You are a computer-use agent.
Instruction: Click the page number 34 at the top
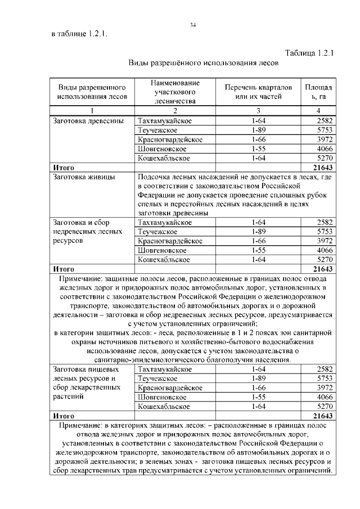(192, 25)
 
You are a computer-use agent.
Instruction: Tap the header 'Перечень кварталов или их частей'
(258, 93)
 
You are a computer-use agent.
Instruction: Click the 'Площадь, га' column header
(318, 93)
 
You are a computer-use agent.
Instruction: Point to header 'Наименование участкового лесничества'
(175, 92)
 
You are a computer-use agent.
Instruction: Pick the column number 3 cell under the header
(258, 111)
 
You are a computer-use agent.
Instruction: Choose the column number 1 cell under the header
(92, 111)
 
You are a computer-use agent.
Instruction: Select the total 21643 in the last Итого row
(323, 416)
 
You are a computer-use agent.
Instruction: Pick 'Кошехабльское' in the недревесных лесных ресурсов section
(164, 260)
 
